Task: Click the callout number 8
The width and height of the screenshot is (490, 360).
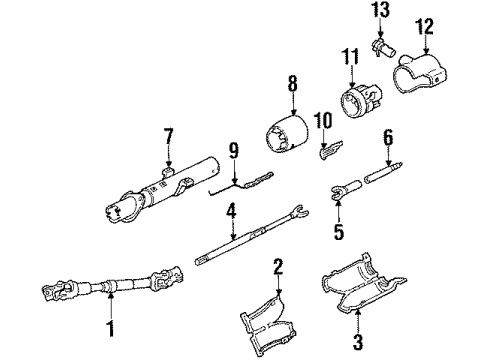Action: (x=292, y=82)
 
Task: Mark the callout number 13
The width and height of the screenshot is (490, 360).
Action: (x=379, y=10)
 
